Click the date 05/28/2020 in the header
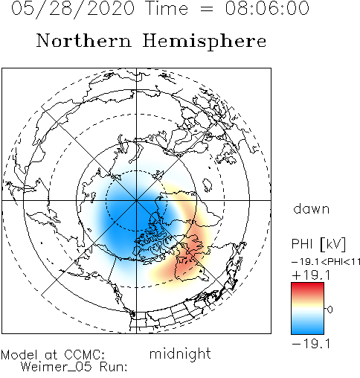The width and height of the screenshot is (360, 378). pyautogui.click(x=73, y=9)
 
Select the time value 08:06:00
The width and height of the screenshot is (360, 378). pyautogui.click(x=267, y=8)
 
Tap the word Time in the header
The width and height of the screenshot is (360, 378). pyautogui.click(x=167, y=8)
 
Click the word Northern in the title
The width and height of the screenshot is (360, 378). pyautogui.click(x=84, y=40)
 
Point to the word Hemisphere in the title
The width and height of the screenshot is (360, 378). pyautogui.click(x=205, y=42)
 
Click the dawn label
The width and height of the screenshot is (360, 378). pyautogui.click(x=312, y=208)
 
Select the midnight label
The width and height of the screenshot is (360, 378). pyautogui.click(x=180, y=353)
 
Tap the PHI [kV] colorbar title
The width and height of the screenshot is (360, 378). pyautogui.click(x=318, y=244)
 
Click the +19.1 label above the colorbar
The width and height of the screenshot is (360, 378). pyautogui.click(x=311, y=275)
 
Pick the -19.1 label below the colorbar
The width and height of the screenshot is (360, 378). pyautogui.click(x=311, y=344)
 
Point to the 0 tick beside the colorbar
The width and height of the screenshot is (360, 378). pyautogui.click(x=330, y=310)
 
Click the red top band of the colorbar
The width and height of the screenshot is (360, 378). pyautogui.click(x=307, y=288)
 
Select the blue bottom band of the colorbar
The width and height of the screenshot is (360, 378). pyautogui.click(x=307, y=328)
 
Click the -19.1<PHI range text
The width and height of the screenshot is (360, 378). pyautogui.click(x=326, y=261)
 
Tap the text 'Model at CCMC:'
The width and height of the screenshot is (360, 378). pyautogui.click(x=53, y=355)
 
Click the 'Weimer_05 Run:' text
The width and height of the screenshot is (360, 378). pyautogui.click(x=74, y=367)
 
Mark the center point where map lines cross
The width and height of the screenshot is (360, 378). pyautogui.click(x=136, y=200)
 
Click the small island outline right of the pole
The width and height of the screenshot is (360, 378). pyautogui.click(x=207, y=185)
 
